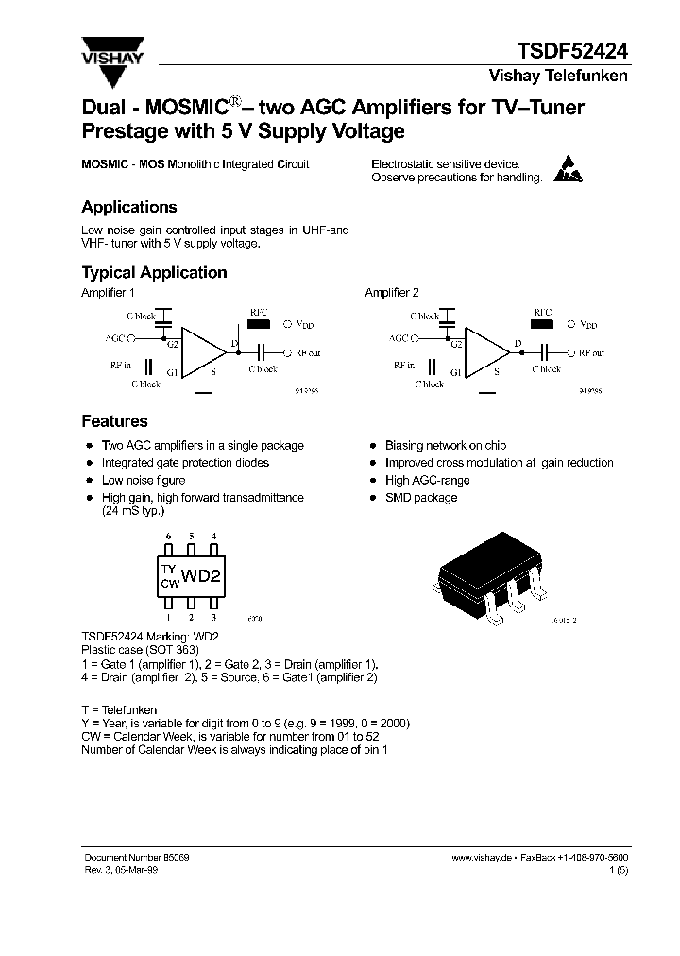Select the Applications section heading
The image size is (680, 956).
(x=129, y=207)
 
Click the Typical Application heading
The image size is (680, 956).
(x=154, y=272)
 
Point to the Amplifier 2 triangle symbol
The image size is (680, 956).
(x=485, y=352)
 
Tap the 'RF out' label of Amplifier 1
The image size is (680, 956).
(x=308, y=352)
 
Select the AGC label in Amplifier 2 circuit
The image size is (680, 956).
(x=398, y=337)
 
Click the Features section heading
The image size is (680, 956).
(x=114, y=421)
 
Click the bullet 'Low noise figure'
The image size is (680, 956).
(x=140, y=480)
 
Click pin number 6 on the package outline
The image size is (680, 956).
(x=168, y=537)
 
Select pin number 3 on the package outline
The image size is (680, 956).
(x=213, y=616)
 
